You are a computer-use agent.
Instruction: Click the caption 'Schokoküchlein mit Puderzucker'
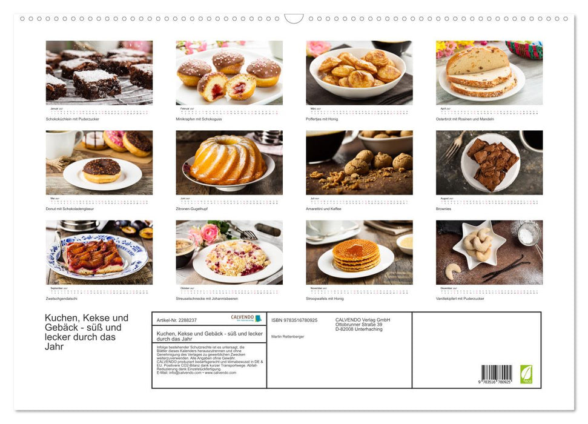coord(72,119)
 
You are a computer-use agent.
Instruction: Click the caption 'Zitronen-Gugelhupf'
coord(193,208)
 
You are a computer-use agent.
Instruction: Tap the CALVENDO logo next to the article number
coord(246,318)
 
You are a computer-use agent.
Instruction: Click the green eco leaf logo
coord(526,374)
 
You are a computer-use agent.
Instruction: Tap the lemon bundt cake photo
coord(227,161)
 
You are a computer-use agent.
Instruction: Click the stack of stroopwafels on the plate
coord(355,255)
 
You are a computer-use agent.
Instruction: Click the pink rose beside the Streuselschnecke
coord(209,233)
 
